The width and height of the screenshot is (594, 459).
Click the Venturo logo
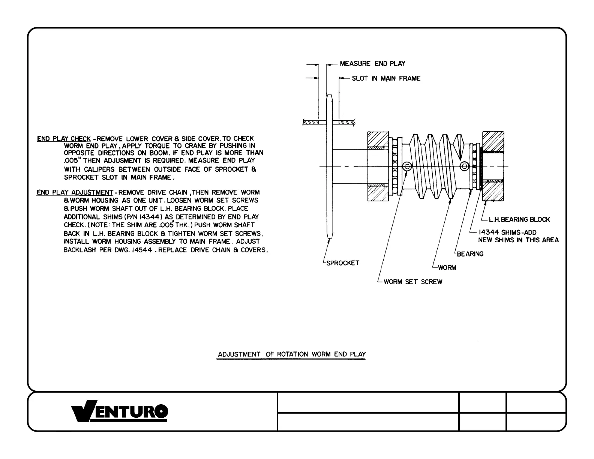pyautogui.click(x=120, y=412)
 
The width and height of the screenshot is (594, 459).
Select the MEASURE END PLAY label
pyautogui.click(x=372, y=64)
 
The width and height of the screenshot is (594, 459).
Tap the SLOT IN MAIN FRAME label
pyautogui.click(x=386, y=78)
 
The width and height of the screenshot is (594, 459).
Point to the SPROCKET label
pyautogui.click(x=343, y=263)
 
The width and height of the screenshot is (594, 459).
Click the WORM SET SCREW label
pyautogui.click(x=413, y=282)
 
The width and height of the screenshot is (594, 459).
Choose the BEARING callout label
pyautogui.click(x=470, y=254)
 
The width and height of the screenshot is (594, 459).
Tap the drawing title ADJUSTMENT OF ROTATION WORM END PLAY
pyautogui.click(x=292, y=354)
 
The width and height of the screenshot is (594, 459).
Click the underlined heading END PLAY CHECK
pyautogui.click(x=64, y=139)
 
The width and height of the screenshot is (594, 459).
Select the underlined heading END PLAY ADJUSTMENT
pyautogui.click(x=75, y=192)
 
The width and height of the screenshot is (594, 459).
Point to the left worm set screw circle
pyautogui.click(x=406, y=166)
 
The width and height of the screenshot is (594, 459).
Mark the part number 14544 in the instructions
pyautogui.click(x=141, y=250)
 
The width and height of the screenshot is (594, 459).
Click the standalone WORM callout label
pyautogui.click(x=447, y=268)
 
